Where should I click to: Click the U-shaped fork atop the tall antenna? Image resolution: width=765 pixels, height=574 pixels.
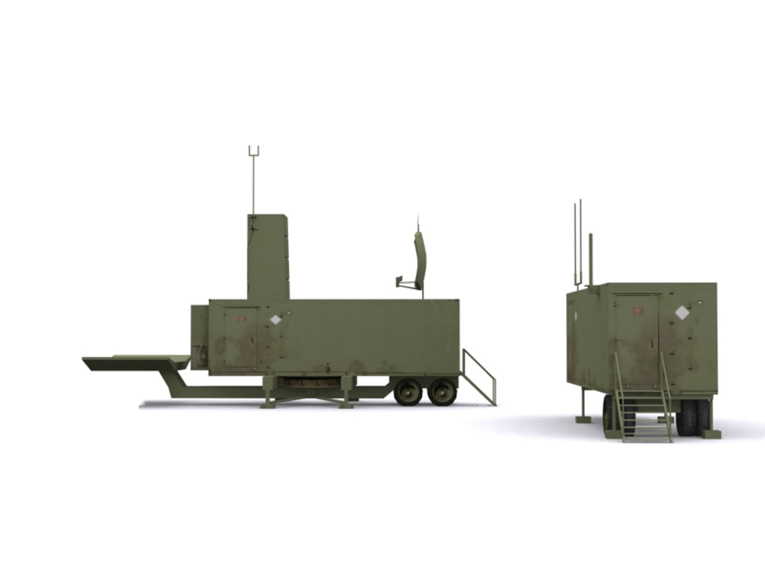coord(254,151)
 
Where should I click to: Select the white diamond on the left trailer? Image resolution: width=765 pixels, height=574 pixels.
coord(276,320)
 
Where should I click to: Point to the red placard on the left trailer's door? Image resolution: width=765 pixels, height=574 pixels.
coord(241,319)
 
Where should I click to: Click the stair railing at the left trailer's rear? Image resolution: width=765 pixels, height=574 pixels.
coord(481,375)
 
